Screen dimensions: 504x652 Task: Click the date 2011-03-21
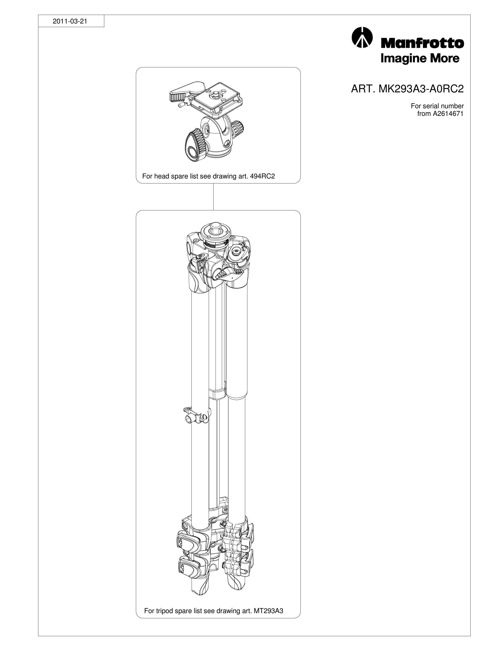coord(70,22)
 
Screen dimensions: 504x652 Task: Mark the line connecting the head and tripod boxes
coord(214,197)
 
